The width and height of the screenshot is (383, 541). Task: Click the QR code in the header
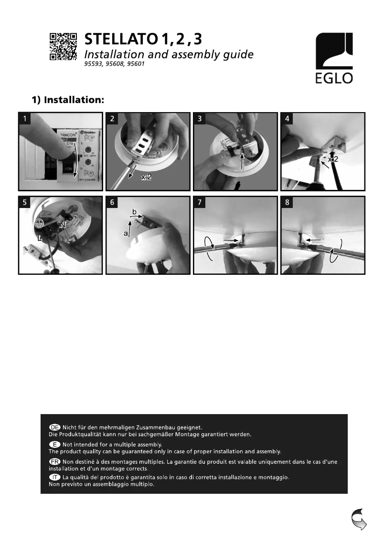click(64, 47)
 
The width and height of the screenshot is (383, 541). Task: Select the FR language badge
click(55, 462)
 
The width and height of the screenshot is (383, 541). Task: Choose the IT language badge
click(55, 477)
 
